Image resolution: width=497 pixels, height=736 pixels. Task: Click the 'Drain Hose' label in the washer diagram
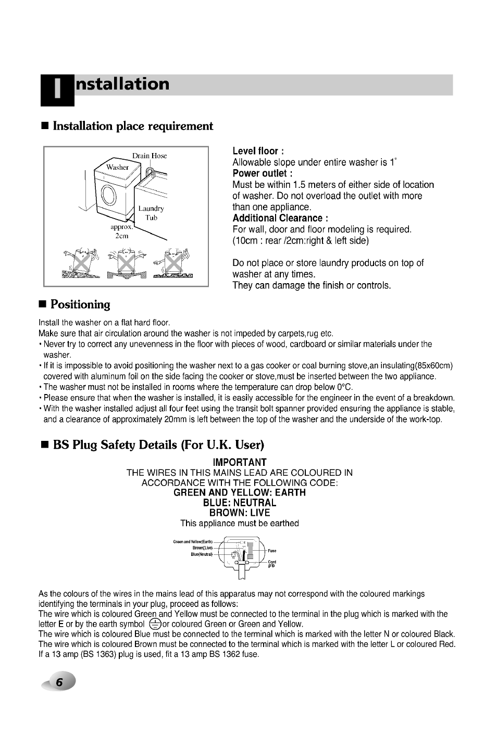149,156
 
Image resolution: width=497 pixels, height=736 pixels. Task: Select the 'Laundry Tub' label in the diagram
151,213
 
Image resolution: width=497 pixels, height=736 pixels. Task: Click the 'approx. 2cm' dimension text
121,232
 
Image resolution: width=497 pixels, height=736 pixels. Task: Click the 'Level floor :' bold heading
258,151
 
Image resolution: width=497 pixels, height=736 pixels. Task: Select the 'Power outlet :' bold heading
262,173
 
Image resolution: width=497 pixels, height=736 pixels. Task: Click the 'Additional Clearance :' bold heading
280,218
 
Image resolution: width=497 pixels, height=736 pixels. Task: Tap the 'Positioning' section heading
81,304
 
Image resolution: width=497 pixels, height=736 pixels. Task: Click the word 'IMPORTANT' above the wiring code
240,462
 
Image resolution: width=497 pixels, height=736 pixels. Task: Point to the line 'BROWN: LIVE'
240,513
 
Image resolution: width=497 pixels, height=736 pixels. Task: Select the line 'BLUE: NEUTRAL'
240,503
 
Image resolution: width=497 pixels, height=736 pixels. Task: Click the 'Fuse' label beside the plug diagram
272,551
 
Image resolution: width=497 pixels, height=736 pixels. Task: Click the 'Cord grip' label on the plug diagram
272,564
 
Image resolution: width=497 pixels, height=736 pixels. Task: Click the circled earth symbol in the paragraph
153,624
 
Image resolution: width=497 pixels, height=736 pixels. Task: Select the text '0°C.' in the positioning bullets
344,387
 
